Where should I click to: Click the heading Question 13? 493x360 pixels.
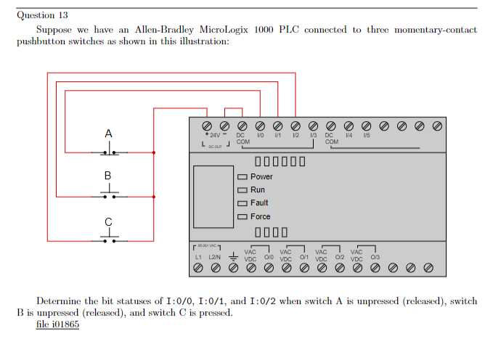click(42, 15)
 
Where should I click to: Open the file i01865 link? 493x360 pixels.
click(57, 324)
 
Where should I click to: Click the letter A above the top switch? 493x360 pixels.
click(109, 134)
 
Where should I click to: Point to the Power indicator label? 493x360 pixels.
click(261, 176)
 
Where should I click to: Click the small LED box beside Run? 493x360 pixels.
click(242, 190)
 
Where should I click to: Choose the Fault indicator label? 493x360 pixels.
click(259, 203)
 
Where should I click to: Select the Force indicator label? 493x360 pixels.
click(260, 216)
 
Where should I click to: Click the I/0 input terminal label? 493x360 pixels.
click(261, 135)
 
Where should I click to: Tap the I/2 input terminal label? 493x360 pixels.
click(296, 135)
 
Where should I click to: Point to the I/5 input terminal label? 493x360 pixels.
click(366, 135)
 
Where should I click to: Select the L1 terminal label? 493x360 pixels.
click(198, 258)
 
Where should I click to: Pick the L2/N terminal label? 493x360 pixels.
click(215, 258)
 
